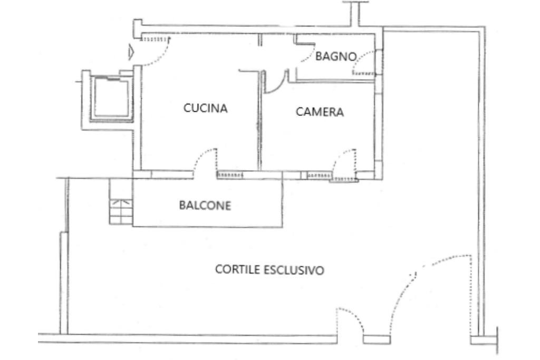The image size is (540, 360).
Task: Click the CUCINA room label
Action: click(205, 108)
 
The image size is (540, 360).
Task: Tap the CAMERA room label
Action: click(320, 112)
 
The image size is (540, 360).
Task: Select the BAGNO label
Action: click(336, 56)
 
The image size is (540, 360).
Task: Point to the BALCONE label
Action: click(205, 206)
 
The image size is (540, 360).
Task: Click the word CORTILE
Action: click(237, 269)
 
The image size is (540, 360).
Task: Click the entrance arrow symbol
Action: click(131, 52)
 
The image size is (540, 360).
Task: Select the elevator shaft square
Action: click(111, 96)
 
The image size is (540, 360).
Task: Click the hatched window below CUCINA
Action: click(230, 175)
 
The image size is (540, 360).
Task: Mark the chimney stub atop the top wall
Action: click(356, 13)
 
